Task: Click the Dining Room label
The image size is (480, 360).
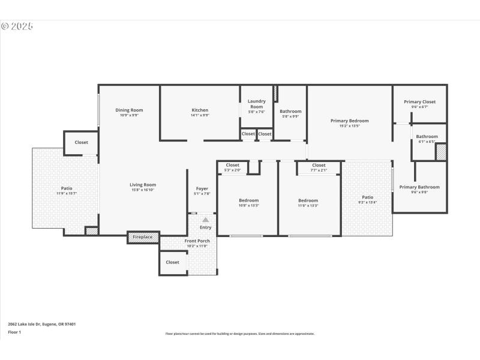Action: point(129,110)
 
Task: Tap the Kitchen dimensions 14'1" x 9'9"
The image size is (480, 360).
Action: point(200,115)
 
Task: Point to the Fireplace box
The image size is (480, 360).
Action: point(142,238)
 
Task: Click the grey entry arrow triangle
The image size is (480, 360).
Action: point(205,220)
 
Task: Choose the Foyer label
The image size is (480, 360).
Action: point(202,188)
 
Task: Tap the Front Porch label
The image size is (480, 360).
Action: point(197,241)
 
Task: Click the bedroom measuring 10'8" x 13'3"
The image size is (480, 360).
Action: point(248,200)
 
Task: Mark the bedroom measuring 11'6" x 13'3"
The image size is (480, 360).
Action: point(308,200)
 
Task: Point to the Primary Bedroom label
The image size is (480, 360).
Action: point(349,121)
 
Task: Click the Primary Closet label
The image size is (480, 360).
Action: point(419,102)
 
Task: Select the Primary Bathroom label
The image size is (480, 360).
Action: point(419,187)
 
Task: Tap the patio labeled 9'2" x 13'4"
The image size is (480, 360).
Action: point(367,197)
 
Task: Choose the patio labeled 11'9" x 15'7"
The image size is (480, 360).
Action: point(66,188)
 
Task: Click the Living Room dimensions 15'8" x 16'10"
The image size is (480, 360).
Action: point(143,190)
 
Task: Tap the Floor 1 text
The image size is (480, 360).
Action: point(14,332)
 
